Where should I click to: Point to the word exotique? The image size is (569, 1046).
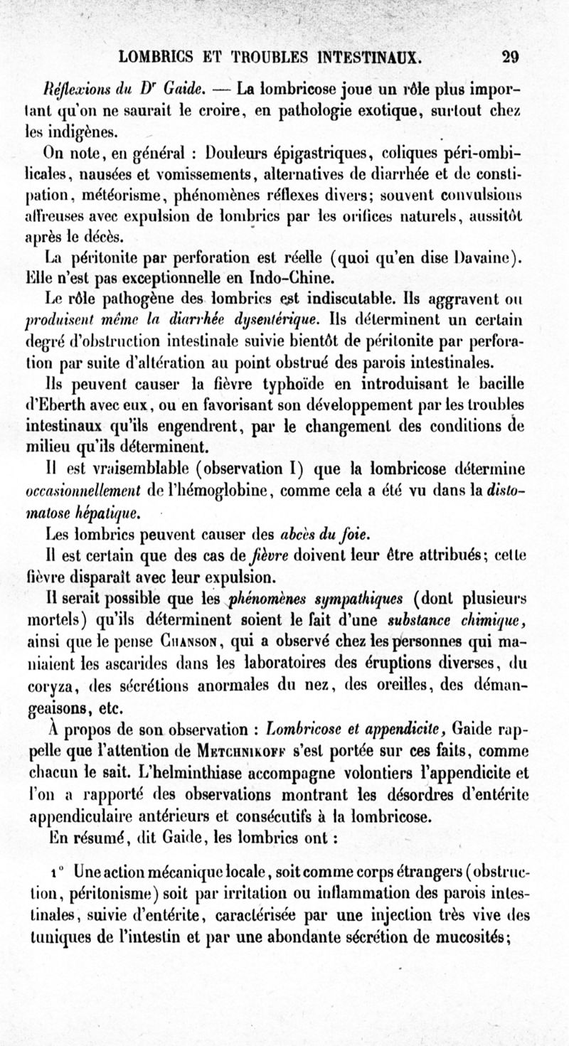point(403,111)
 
